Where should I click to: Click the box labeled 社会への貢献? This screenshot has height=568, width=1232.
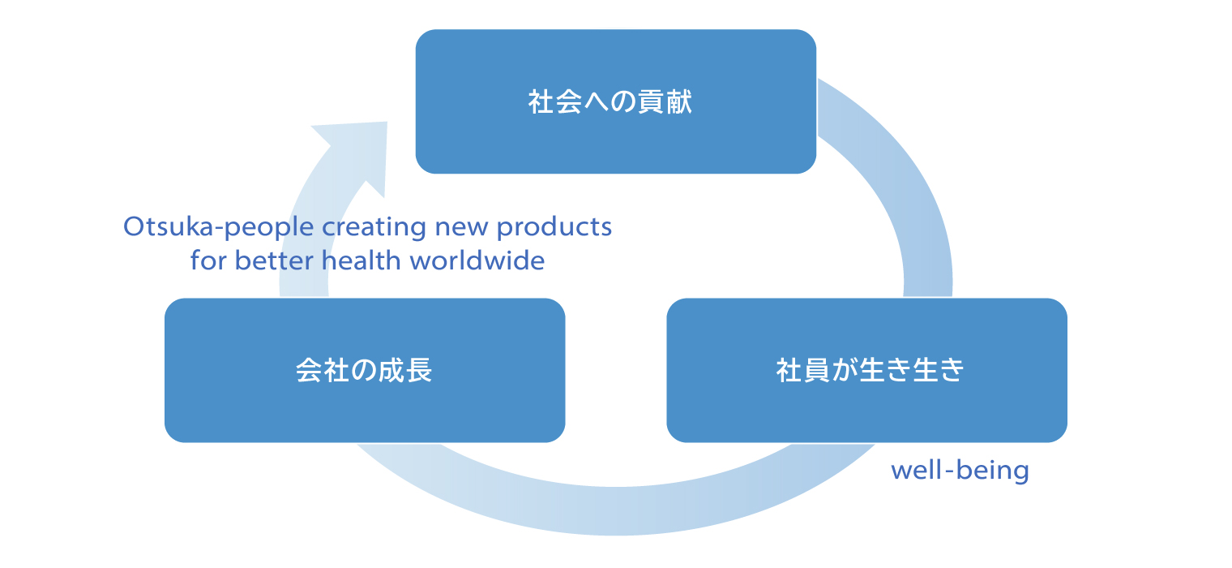pos(615,101)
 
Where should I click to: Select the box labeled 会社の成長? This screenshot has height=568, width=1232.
pos(365,370)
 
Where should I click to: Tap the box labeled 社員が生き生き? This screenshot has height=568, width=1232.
pos(866,370)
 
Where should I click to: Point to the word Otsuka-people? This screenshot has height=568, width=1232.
pos(218,227)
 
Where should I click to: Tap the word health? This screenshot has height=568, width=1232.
pos(361,260)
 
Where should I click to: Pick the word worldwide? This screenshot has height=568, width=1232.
pos(477,260)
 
